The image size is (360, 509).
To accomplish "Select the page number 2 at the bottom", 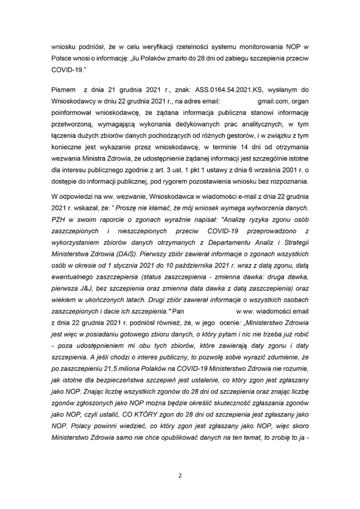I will [180, 475].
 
